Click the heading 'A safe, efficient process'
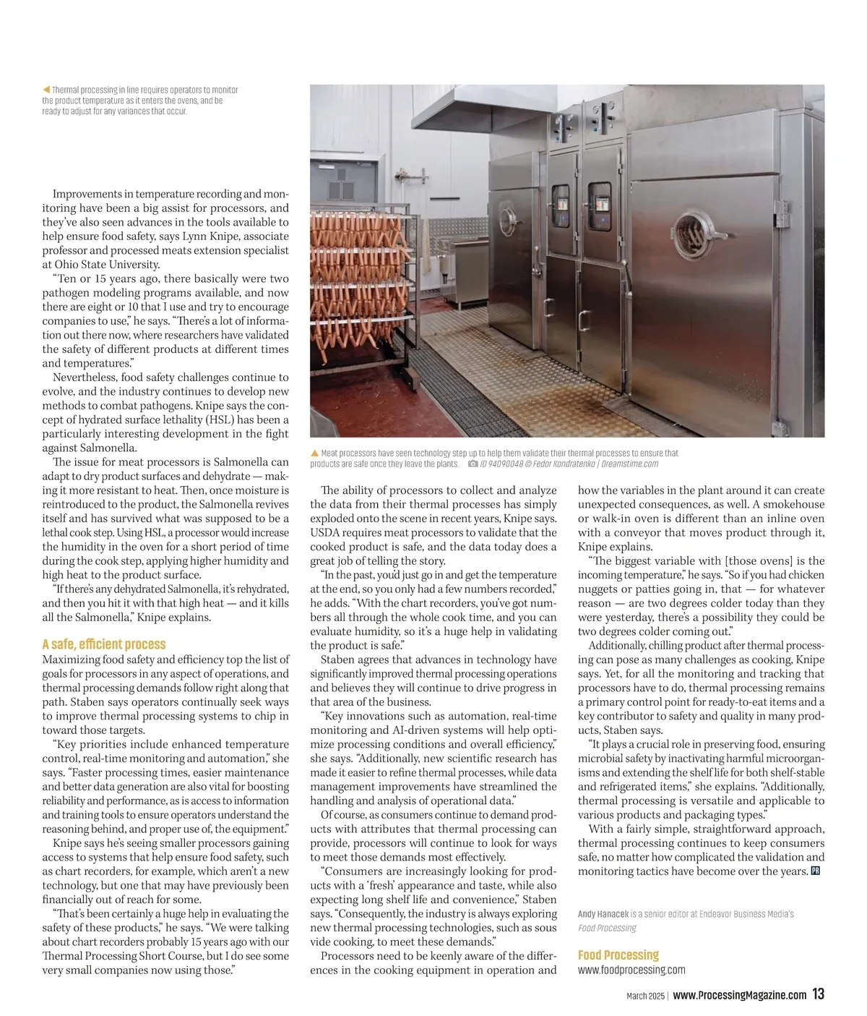pyautogui.click(x=104, y=644)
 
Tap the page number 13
pyautogui.click(x=818, y=994)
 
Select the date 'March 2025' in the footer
pyautogui.click(x=644, y=996)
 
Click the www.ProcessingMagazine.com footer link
pyautogui.click(x=739, y=995)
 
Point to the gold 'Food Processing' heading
pyautogui.click(x=618, y=955)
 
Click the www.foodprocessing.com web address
pyautogui.click(x=631, y=970)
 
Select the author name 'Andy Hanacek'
pyautogui.click(x=602, y=914)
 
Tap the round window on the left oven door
pyautogui.click(x=507, y=222)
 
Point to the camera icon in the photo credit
pyautogui.click(x=473, y=464)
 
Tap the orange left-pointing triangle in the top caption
pyautogui.click(x=46, y=90)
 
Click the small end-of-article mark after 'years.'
pyautogui.click(x=816, y=871)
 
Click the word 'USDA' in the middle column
pyautogui.click(x=327, y=533)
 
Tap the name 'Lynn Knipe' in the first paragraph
pyautogui.click(x=210, y=236)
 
